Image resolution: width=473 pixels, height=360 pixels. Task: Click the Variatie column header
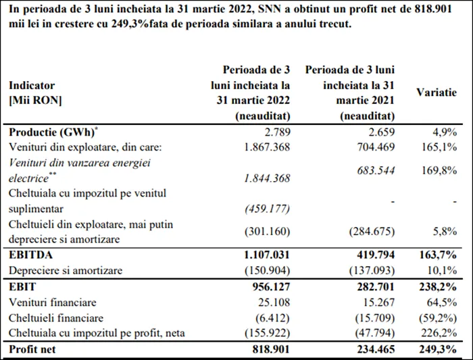(437, 93)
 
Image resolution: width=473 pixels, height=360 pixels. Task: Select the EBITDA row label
(31, 255)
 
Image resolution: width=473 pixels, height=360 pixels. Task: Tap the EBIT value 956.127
(271, 286)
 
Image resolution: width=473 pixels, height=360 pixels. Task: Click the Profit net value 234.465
(376, 349)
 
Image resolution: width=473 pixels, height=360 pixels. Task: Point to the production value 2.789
(276, 132)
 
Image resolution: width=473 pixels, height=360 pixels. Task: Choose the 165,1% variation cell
(439, 147)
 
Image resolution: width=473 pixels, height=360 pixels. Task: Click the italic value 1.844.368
(267, 178)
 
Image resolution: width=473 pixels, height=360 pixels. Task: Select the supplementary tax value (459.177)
(267, 209)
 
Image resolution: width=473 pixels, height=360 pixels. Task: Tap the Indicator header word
(32, 85)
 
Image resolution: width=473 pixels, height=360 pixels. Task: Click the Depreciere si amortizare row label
(66, 270)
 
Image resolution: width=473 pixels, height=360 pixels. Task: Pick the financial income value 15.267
(378, 302)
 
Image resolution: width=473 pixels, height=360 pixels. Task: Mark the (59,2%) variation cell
(438, 318)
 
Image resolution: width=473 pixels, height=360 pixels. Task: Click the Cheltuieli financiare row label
(56, 318)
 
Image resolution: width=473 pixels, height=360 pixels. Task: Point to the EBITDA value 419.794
(376, 255)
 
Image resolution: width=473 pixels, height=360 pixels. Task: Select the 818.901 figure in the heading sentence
(433, 9)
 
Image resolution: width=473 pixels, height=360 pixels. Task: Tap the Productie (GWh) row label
(53, 132)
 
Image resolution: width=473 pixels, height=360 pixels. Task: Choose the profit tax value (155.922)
(267, 333)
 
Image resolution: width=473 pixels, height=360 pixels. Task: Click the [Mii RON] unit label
(35, 100)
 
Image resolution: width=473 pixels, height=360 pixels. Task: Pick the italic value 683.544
(376, 170)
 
